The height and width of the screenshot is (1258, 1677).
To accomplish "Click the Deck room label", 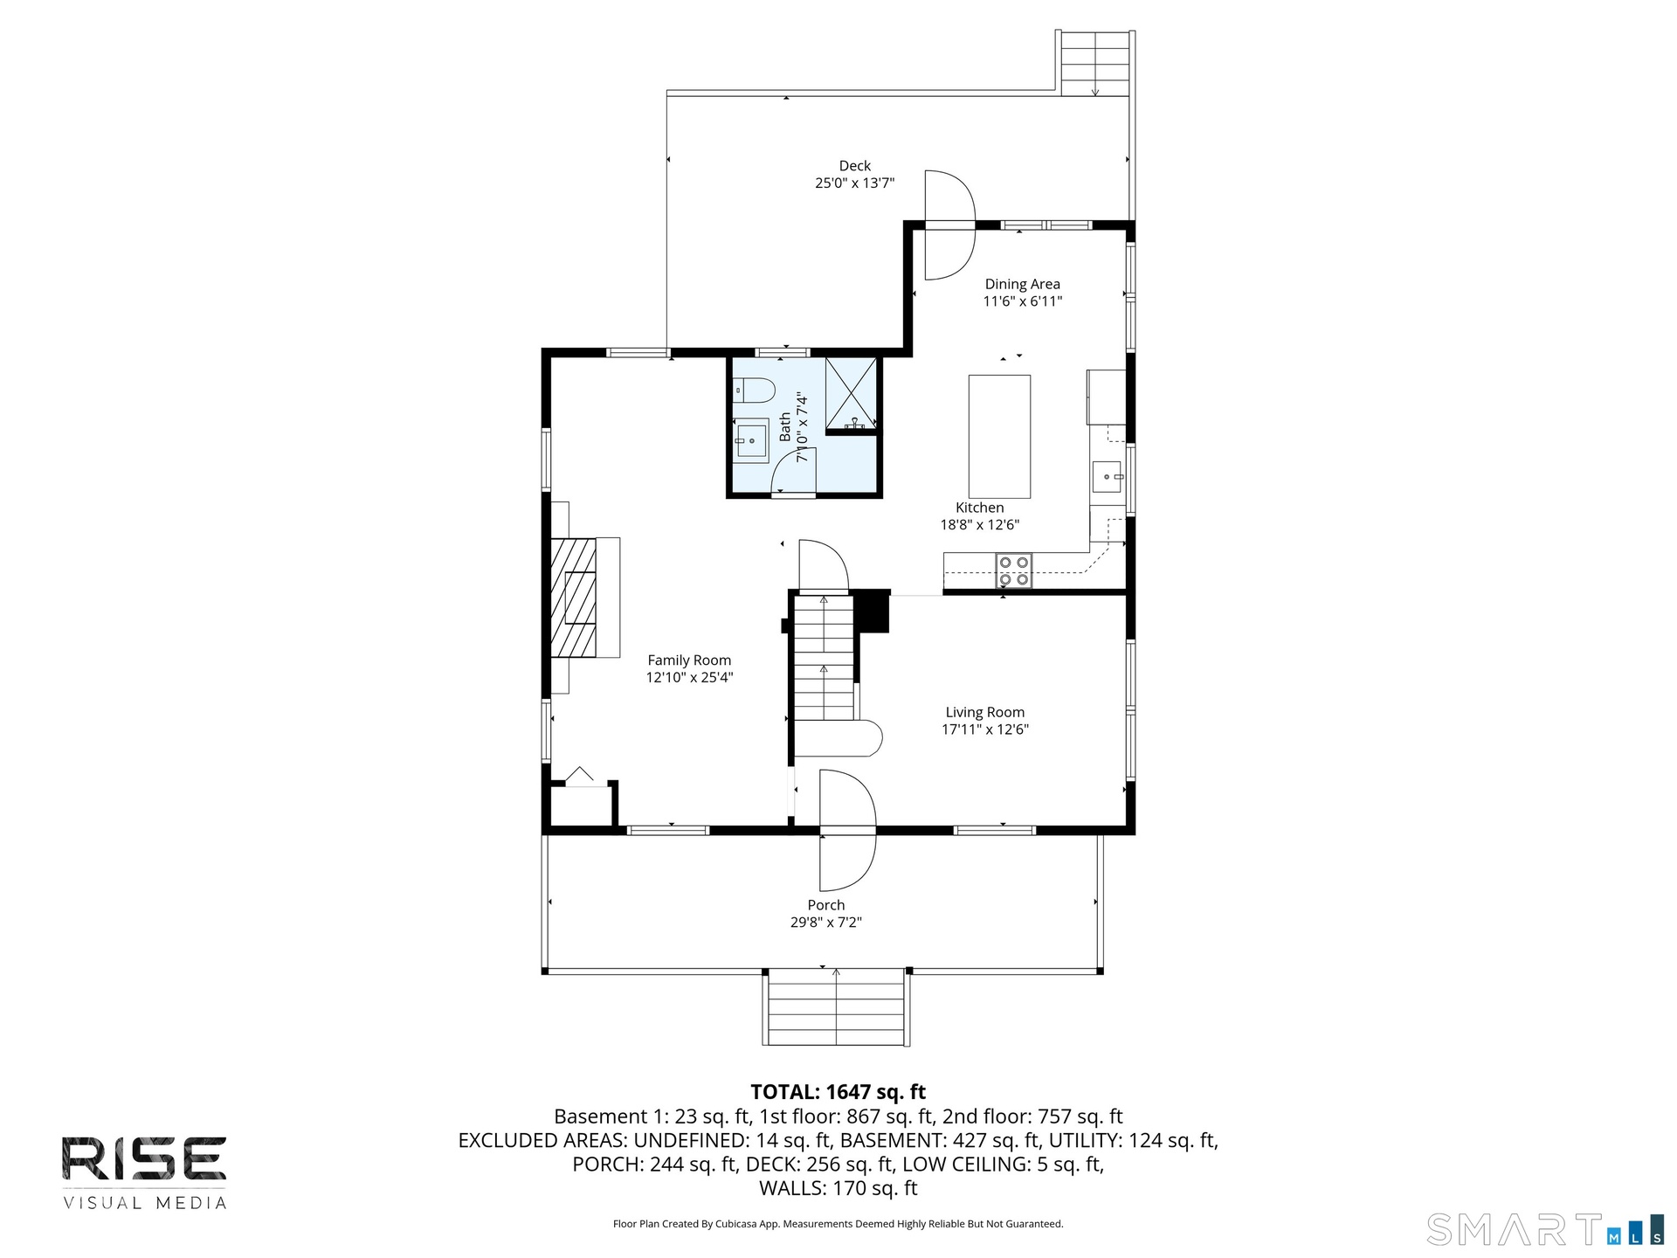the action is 855,166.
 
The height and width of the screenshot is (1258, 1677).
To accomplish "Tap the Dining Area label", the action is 1022,284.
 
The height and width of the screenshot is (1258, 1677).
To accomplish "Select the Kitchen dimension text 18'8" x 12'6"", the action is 979,525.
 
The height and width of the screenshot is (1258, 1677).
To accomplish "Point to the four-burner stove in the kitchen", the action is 1014,570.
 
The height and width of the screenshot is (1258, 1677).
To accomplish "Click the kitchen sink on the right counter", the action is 1107,477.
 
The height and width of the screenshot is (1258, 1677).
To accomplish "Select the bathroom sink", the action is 750,440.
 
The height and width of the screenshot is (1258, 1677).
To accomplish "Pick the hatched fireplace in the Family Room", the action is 574,598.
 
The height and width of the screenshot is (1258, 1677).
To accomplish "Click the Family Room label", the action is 689,660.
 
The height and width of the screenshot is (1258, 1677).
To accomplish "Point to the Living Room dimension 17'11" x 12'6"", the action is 985,729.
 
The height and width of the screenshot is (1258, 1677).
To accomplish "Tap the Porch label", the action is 825,905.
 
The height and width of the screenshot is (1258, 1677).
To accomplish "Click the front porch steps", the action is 837,1007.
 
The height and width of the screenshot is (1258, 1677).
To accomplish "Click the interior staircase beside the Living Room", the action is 824,657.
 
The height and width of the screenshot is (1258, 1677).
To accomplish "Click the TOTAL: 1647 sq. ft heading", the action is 838,1092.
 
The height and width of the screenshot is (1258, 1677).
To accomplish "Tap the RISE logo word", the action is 144,1159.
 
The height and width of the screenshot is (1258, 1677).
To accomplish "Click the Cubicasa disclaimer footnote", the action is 838,1224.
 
